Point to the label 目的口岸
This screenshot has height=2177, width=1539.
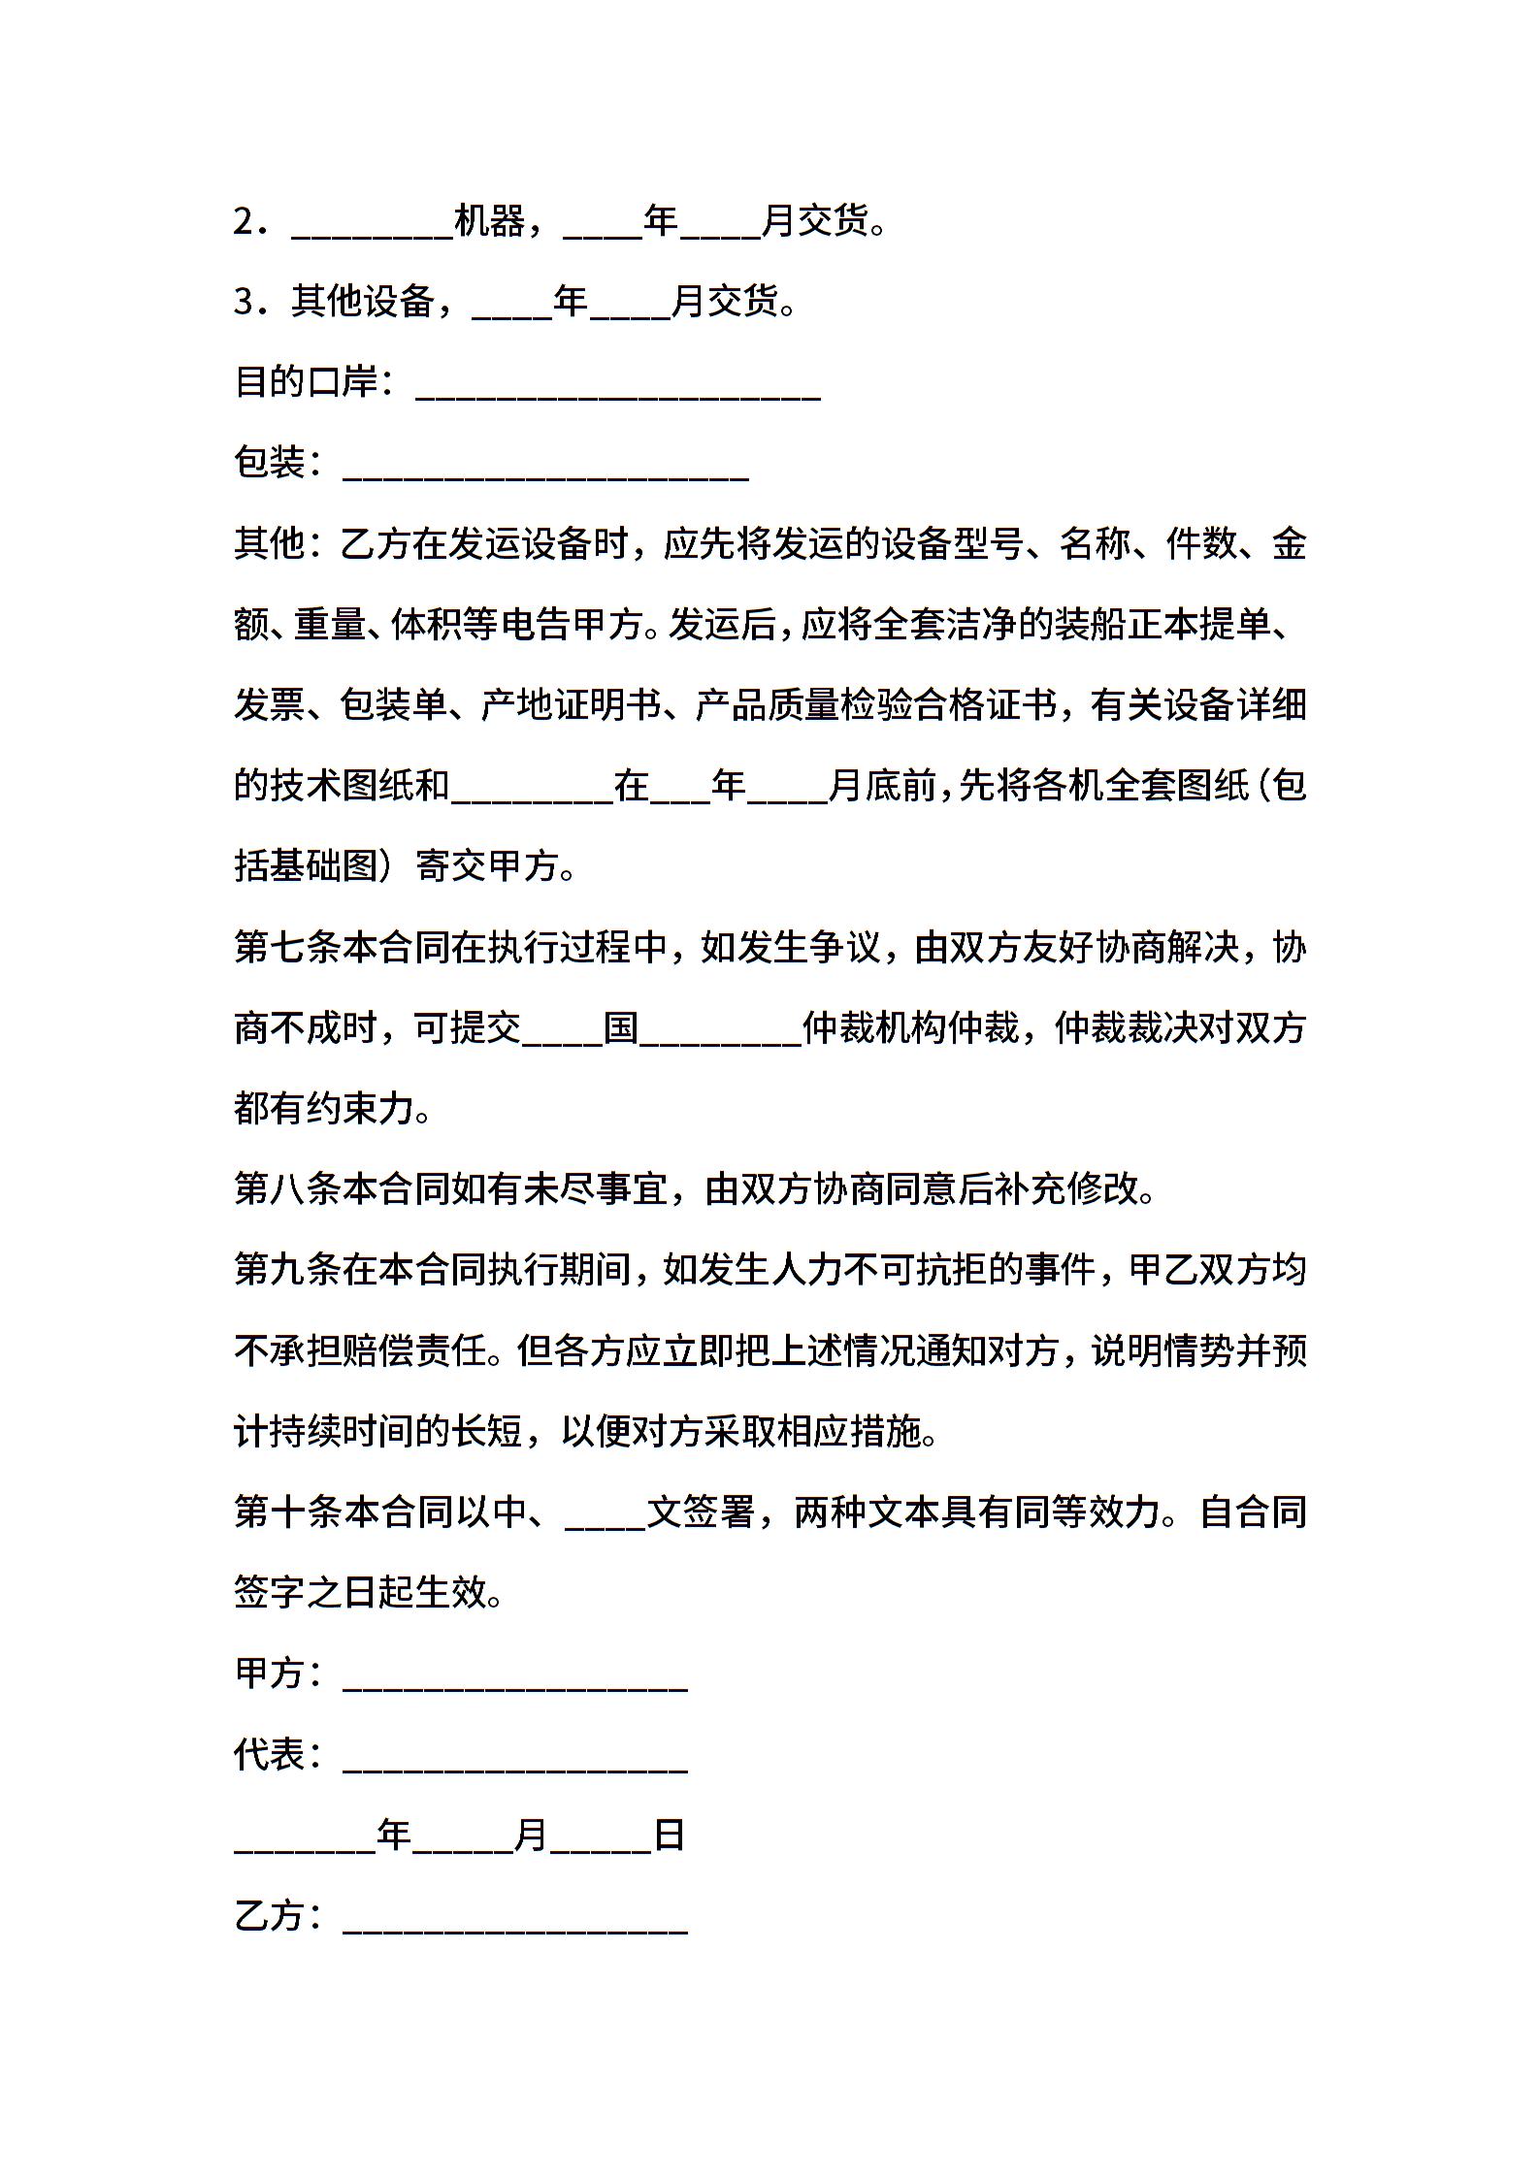pos(306,382)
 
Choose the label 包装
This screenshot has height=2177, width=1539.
pos(270,463)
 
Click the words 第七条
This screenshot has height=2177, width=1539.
pos(288,946)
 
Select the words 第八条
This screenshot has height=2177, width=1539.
pos(288,1188)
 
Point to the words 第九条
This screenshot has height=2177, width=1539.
pos(288,1269)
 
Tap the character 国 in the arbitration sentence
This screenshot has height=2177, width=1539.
pos(621,1027)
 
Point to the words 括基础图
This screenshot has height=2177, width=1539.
pos(307,865)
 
